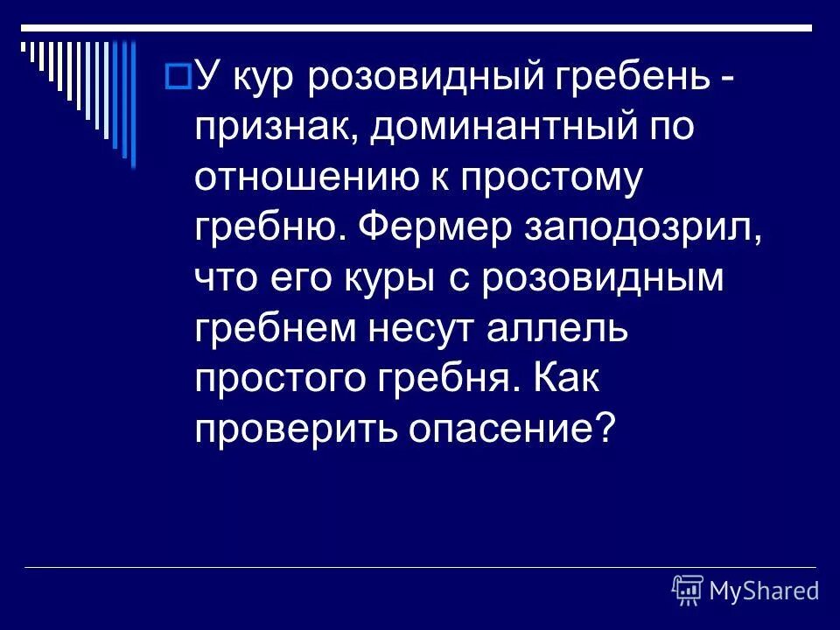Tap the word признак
click(275, 129)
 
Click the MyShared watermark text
click(764, 591)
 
